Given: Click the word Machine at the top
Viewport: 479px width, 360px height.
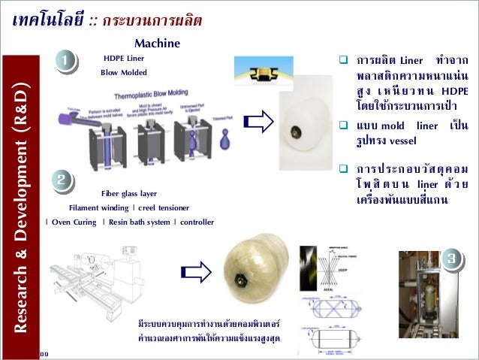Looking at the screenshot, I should (x=157, y=44).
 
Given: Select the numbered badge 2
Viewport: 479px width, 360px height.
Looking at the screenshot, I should (x=63, y=180).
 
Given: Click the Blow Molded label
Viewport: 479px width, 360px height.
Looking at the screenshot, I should (x=123, y=73).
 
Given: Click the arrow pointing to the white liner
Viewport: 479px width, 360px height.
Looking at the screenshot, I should (x=258, y=123).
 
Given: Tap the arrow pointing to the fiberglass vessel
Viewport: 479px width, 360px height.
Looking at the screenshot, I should (x=196, y=272).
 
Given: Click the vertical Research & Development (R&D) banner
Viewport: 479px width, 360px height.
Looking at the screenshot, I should (x=23, y=203).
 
